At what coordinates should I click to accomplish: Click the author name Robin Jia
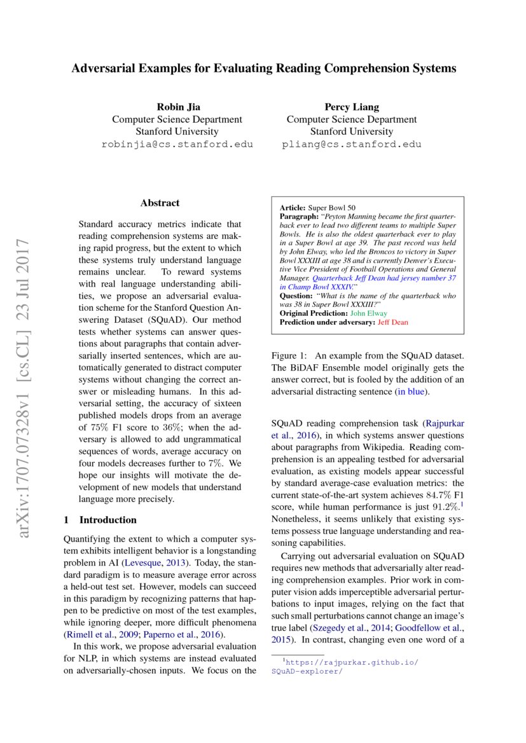pyautogui.click(x=177, y=106)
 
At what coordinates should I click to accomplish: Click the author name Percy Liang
pyautogui.click(x=351, y=106)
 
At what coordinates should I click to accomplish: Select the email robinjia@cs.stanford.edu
pyautogui.click(x=177, y=144)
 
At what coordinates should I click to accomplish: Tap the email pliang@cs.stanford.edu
pyautogui.click(x=351, y=144)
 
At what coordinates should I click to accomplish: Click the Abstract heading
pyautogui.click(x=160, y=203)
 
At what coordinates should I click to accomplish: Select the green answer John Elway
pyautogui.click(x=368, y=314)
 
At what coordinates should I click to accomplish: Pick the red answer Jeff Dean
pyautogui.click(x=393, y=322)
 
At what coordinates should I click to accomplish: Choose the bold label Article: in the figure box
pyautogui.click(x=293, y=208)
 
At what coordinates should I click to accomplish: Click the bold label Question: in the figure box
pyautogui.click(x=296, y=296)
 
